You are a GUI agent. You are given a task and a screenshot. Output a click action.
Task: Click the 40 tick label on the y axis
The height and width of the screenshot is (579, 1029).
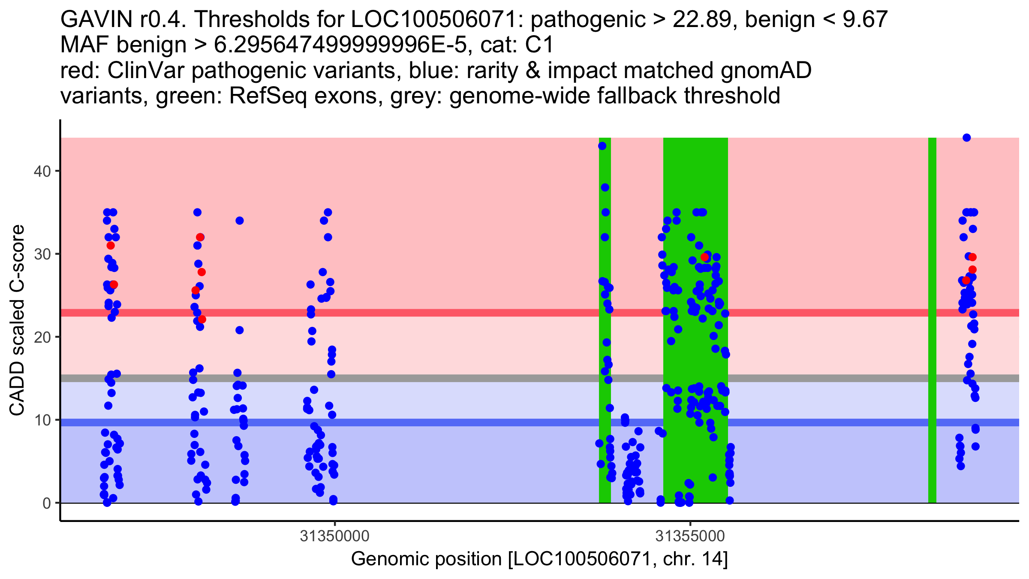pos(42,171)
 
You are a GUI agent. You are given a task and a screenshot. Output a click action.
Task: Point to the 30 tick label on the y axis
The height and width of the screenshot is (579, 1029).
pos(42,254)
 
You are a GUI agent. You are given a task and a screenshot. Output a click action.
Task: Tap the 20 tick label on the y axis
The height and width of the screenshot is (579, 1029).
pos(42,337)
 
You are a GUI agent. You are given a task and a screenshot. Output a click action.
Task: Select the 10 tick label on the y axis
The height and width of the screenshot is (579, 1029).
pos(42,420)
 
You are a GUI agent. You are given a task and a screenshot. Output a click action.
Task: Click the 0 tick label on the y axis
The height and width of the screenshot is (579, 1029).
pos(46,503)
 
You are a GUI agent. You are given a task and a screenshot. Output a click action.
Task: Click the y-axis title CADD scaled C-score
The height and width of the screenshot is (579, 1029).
pos(17,320)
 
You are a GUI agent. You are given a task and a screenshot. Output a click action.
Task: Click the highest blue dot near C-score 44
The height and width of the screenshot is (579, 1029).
pos(966,138)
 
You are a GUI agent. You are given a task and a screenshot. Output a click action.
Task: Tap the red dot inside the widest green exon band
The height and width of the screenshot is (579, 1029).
pos(704,257)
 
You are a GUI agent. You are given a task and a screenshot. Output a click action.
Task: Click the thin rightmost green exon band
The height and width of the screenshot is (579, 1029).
pos(932,320)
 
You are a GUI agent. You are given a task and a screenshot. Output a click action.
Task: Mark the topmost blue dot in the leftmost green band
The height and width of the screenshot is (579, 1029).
pos(602,146)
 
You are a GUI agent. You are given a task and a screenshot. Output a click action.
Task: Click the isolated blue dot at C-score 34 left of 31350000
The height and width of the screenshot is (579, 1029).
pos(240,220)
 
